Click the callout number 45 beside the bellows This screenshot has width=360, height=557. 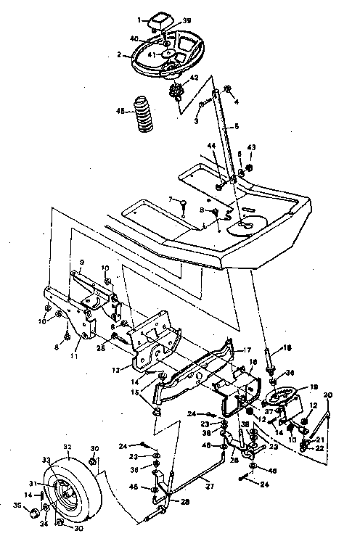[120, 110]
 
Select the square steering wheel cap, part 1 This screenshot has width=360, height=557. [157, 24]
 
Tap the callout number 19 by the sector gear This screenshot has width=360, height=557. [314, 387]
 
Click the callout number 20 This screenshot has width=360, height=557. [329, 395]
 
